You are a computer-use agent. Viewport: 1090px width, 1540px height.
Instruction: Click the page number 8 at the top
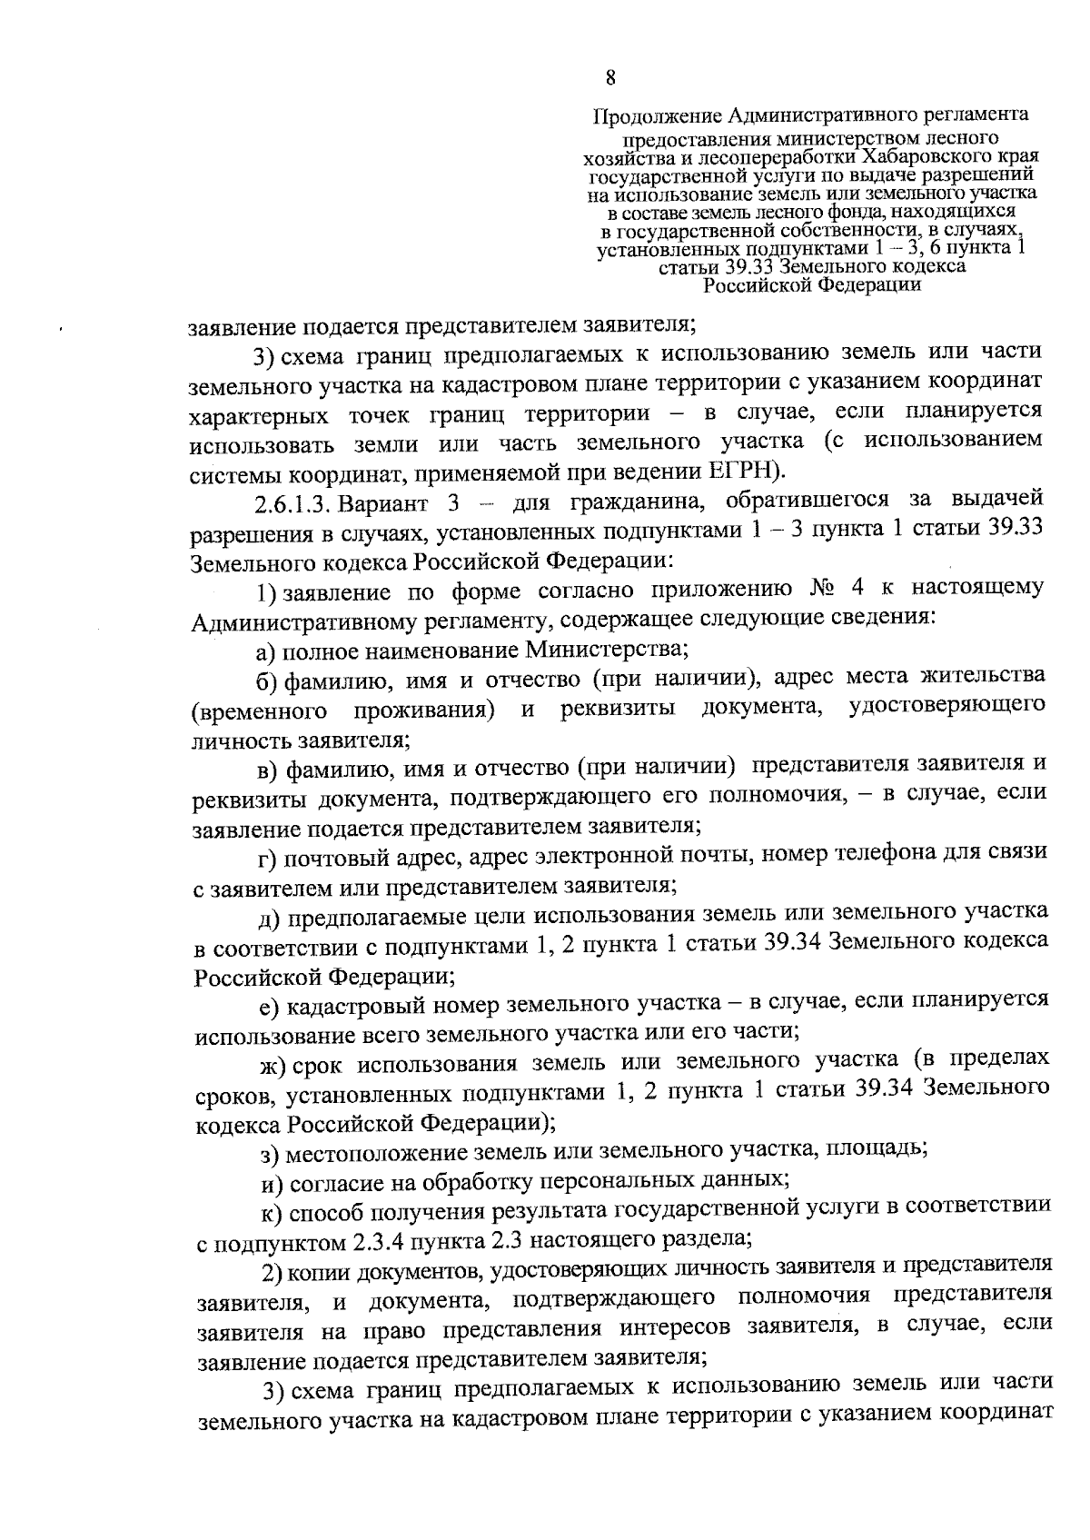(610, 77)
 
